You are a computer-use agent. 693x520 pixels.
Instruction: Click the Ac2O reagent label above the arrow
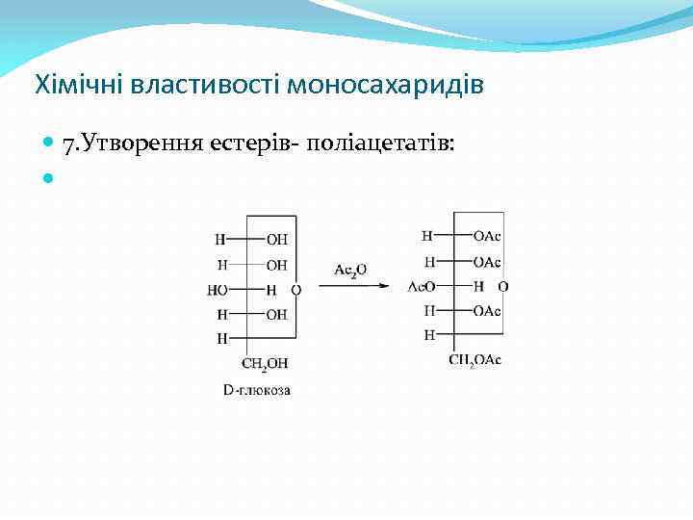pos(350,270)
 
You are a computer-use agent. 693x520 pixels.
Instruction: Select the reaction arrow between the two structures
pos(354,286)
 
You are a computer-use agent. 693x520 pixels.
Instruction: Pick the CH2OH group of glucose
pos(265,363)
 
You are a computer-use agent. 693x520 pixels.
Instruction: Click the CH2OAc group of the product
pos(475,359)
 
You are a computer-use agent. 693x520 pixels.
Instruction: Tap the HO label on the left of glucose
pos(218,289)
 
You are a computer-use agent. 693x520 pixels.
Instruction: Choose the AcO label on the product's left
pos(422,286)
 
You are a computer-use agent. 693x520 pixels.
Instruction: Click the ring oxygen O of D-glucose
pos(296,289)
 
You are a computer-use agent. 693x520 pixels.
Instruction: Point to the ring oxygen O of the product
pos(503,286)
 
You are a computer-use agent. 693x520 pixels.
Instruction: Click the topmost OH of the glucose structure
pos(276,240)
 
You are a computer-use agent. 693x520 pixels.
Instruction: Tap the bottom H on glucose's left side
pos(221,338)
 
